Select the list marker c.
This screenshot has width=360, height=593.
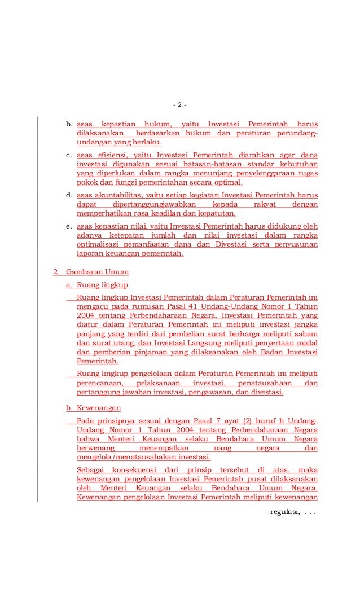coord(68,154)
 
